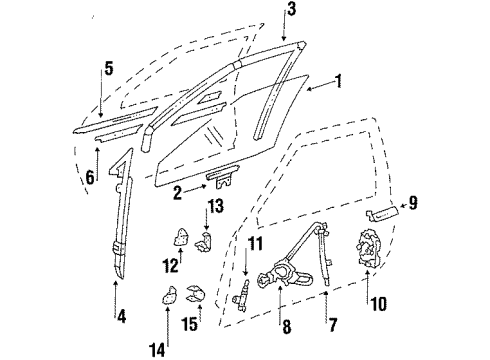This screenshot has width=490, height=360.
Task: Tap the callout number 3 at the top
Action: pos(291,12)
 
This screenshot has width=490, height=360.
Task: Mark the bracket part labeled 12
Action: pos(182,237)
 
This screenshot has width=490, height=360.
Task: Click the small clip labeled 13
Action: pos(208,242)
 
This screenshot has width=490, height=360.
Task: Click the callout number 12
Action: pos(171,265)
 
